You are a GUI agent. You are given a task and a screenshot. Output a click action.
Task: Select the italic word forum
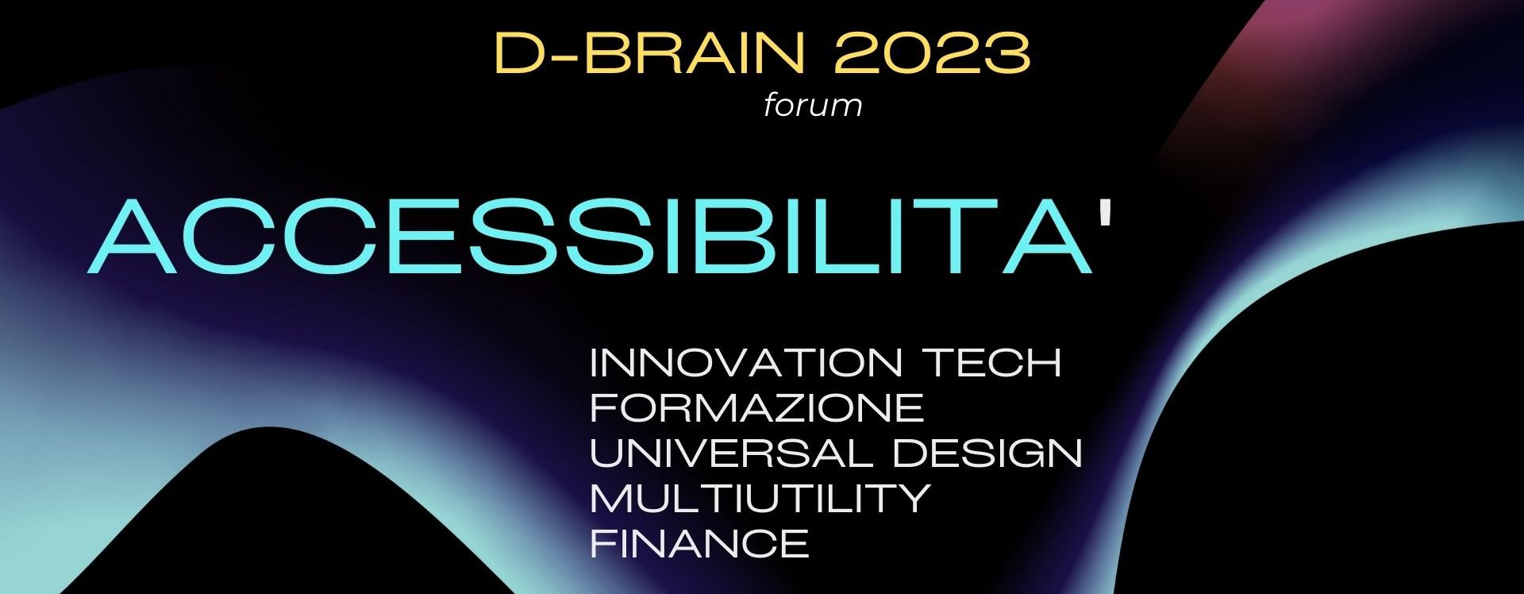(x=813, y=105)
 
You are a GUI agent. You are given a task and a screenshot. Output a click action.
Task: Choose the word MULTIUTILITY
(x=760, y=499)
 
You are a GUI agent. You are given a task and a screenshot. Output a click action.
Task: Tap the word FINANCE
(x=699, y=544)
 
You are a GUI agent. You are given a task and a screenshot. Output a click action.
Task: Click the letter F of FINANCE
(x=604, y=544)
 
